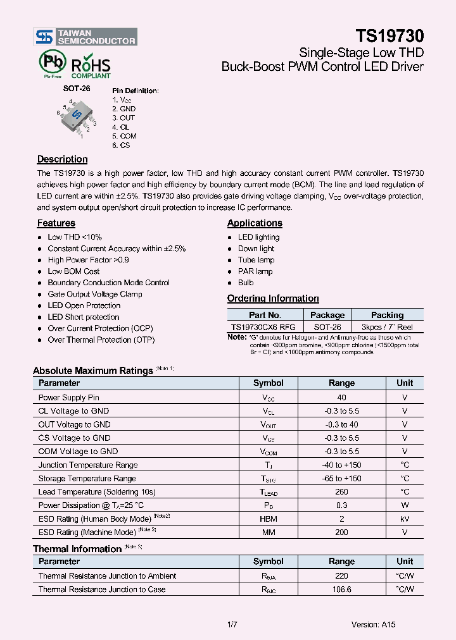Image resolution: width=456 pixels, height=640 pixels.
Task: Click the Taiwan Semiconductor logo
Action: pyautogui.click(x=85, y=37)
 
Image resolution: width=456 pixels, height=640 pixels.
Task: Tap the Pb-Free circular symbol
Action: pyautogui.click(x=51, y=63)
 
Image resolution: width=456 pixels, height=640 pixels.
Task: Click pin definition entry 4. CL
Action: pyautogui.click(x=120, y=127)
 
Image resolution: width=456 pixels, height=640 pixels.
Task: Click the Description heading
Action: pyautogui.click(x=62, y=159)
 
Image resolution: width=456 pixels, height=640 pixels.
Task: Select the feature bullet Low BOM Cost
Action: pyautogui.click(x=73, y=271)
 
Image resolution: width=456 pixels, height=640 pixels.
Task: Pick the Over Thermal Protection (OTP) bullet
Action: pyautogui.click(x=101, y=340)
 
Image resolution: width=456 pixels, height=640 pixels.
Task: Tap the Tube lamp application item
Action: pyautogui.click(x=256, y=260)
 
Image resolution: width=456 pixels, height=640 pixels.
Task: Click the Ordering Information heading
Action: pyautogui.click(x=273, y=298)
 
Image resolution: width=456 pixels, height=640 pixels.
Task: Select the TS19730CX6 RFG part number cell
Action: pyautogui.click(x=263, y=327)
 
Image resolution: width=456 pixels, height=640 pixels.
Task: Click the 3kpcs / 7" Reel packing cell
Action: pyautogui.click(x=386, y=327)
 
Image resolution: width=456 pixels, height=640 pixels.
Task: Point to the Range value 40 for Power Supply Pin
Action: pyautogui.click(x=341, y=397)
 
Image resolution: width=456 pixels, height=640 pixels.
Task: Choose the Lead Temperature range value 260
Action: pyautogui.click(x=341, y=491)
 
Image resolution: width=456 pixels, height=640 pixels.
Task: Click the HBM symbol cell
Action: pyautogui.click(x=269, y=519)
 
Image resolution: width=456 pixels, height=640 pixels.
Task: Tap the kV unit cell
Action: pyautogui.click(x=405, y=519)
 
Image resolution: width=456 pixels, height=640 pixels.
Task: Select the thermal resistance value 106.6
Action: pyautogui.click(x=341, y=589)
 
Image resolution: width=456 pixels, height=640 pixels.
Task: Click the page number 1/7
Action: pyautogui.click(x=232, y=624)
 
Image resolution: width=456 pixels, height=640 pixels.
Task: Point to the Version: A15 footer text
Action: pyautogui.click(x=374, y=624)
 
